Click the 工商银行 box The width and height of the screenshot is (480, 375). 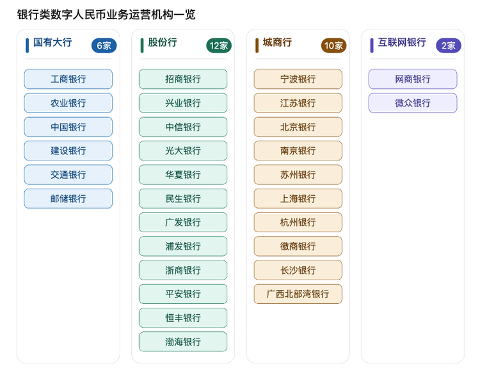pos(68,79)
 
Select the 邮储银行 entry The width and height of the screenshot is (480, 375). pos(68,198)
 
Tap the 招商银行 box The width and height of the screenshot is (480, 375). pos(183,79)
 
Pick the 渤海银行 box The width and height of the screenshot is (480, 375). pos(183,342)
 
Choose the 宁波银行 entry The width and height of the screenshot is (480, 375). pos(298,79)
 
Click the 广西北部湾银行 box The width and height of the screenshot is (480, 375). pos(298,294)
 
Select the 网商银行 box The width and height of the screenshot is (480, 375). pos(413,79)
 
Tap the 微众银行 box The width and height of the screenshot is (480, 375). pos(413,103)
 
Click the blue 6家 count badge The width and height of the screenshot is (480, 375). pos(104,45)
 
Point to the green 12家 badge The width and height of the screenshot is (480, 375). pos(219,45)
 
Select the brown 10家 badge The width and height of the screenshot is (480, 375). pos(333,45)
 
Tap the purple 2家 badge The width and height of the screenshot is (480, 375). pos(449,45)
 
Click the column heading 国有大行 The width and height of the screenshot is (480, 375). pos(52,42)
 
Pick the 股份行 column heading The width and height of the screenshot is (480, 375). pos(163,42)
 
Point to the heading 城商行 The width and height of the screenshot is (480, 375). pos(277,42)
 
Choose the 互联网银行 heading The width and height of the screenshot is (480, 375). pos(402,42)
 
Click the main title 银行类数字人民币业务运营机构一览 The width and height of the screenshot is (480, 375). pos(106,14)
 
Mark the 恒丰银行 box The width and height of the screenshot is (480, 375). pos(183,318)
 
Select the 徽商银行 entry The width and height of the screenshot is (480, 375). pos(298,246)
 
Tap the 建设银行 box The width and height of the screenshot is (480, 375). pos(68,150)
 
